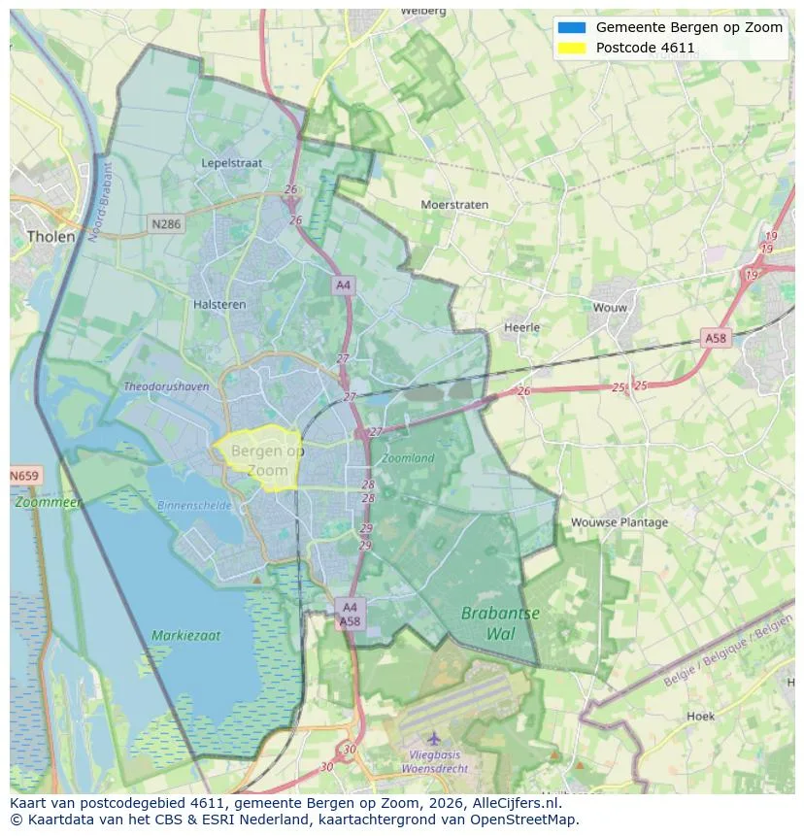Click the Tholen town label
tap(51, 236)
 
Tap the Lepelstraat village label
tap(231, 163)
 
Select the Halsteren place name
tap(218, 304)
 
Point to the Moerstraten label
tap(454, 205)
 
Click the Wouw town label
tap(611, 308)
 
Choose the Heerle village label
tap(521, 327)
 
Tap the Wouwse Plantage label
tap(620, 522)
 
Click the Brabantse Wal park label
tap(500, 622)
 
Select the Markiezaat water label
tap(185, 636)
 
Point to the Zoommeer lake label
tap(49, 503)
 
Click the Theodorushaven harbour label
tap(166, 386)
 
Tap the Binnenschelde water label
tap(195, 505)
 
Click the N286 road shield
tap(166, 224)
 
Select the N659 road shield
tap(25, 476)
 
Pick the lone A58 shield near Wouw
tap(715, 338)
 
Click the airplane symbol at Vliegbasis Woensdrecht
tap(433, 739)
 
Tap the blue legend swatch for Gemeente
tap(572, 27)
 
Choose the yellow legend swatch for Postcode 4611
tap(572, 48)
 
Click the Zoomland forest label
tap(408, 457)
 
